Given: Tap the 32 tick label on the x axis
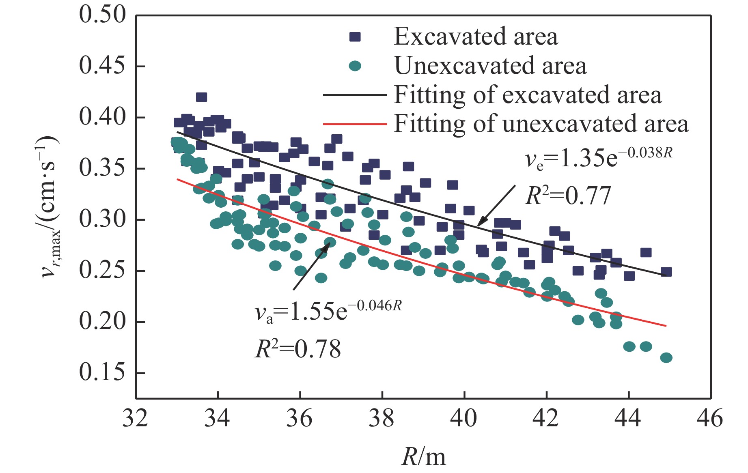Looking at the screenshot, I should click(135, 418).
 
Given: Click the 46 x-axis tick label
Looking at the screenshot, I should click(710, 418).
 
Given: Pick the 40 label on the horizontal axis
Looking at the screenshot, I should click(463, 418).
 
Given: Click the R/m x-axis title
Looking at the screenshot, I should click(423, 457).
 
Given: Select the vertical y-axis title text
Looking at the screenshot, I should click(51, 207).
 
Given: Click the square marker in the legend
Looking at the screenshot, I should click(355, 37).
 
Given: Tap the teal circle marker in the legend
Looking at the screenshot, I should click(355, 66).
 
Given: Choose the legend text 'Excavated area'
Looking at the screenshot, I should click(476, 37).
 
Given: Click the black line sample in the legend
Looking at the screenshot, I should click(354, 95).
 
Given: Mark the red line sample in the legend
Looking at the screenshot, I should click(354, 124).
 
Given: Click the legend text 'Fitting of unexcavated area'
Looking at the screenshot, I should click(541, 124).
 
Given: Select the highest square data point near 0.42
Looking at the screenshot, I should click(201, 97).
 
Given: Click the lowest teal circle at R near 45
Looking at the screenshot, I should click(666, 358).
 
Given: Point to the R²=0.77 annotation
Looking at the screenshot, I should click(568, 196).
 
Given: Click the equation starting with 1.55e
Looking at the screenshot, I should click(328, 312).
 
